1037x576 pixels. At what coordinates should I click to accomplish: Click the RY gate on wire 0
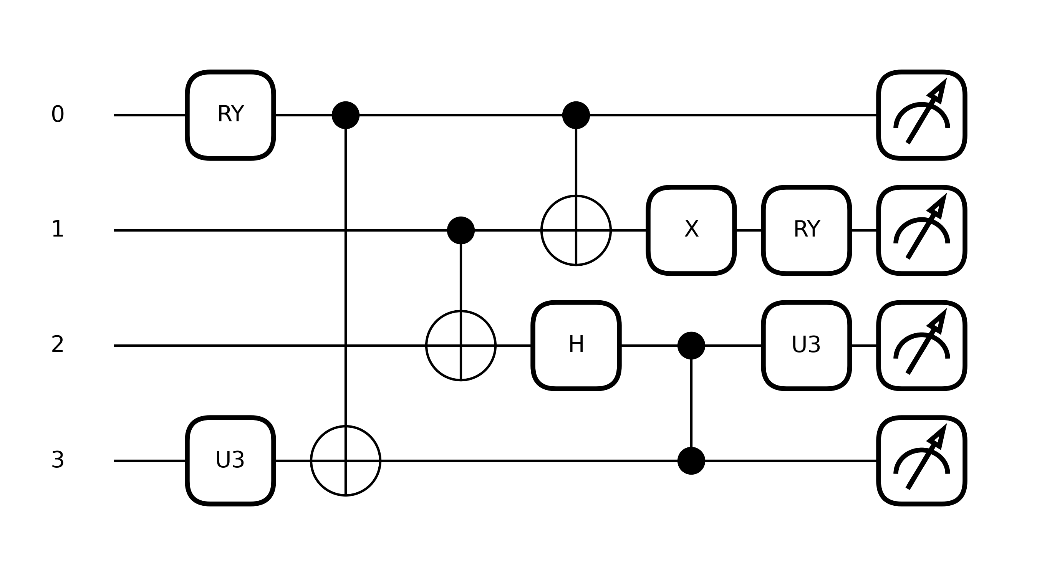[x=230, y=115]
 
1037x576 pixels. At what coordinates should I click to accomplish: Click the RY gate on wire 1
[x=806, y=230]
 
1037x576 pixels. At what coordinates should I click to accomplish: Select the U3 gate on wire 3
[x=230, y=460]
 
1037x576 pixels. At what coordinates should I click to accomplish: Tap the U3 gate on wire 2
[x=806, y=345]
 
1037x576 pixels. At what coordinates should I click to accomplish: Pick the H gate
[x=576, y=345]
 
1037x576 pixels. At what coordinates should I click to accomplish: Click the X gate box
[x=691, y=230]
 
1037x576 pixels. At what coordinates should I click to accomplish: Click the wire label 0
[x=58, y=115]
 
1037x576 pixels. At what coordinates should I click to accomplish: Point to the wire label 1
[x=58, y=230]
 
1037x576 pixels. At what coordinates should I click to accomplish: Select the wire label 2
[x=58, y=345]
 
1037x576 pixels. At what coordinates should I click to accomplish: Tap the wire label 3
[x=58, y=460]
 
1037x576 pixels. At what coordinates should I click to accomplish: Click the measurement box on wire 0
[x=921, y=115]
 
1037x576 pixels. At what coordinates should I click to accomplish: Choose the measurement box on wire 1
[x=921, y=230]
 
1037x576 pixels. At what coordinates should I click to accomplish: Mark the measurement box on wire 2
[x=921, y=345]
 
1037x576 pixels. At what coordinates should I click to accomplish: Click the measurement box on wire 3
[x=921, y=460]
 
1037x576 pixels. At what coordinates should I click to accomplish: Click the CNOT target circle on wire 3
[x=345, y=460]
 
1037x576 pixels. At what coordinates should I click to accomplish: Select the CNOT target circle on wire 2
[x=461, y=345]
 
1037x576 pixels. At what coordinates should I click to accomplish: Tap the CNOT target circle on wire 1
[x=576, y=230]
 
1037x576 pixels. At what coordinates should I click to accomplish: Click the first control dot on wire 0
[x=345, y=115]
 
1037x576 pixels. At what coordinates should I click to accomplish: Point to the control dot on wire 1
[x=461, y=230]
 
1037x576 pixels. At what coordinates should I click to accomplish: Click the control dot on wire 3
[x=691, y=460]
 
